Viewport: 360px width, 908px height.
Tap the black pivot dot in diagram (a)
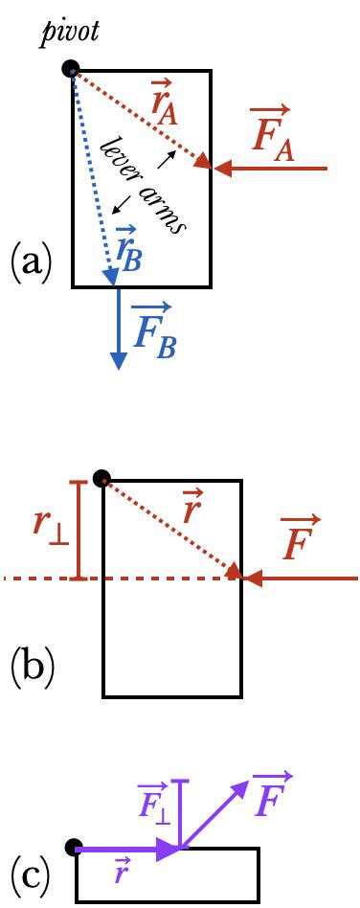tap(71, 68)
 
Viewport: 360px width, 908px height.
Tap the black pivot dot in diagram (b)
tap(101, 478)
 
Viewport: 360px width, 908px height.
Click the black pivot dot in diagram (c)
tap(73, 848)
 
